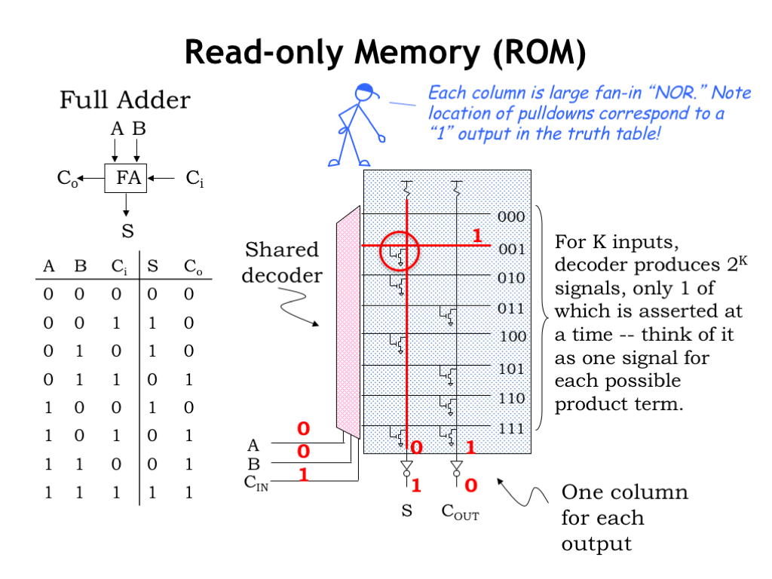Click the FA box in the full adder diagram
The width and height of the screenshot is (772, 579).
point(126,178)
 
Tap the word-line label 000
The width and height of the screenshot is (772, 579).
point(511,216)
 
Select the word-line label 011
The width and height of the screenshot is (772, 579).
point(511,308)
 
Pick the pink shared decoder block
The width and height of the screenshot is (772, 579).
point(348,323)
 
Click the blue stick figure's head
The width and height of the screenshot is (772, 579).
point(365,92)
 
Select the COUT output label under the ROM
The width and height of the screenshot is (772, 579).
point(460,512)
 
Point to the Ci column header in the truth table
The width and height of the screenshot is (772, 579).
point(118,267)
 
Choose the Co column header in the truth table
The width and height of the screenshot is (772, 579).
point(192,267)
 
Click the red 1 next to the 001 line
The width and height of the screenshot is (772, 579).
point(476,235)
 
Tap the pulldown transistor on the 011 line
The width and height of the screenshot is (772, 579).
point(448,316)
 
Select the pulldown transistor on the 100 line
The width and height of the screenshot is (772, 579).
point(398,344)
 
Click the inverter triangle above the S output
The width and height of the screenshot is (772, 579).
point(406,465)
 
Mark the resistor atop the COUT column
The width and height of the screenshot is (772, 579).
point(457,188)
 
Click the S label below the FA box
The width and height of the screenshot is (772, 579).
point(127,231)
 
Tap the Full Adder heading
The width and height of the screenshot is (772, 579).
point(125,100)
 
